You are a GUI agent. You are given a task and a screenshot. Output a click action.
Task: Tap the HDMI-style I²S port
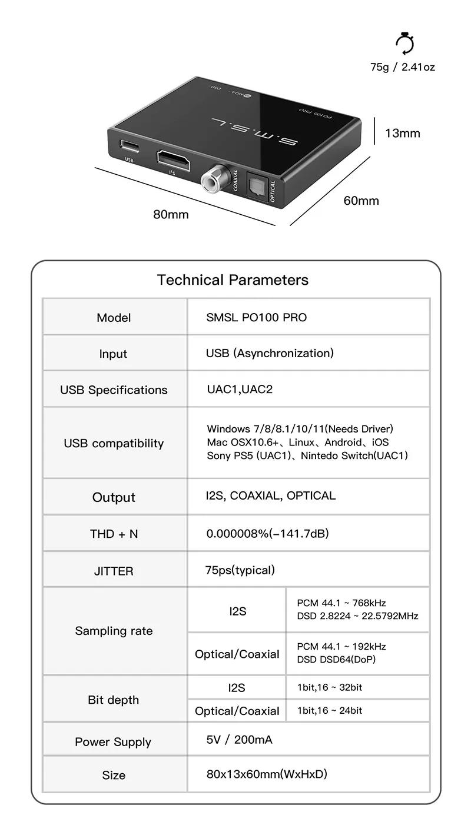click(x=172, y=159)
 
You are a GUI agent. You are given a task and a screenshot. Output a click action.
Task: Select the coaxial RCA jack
click(x=213, y=179)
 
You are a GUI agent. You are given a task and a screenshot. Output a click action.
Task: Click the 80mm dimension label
click(x=171, y=214)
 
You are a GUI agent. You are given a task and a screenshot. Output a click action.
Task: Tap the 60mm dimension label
click(x=361, y=201)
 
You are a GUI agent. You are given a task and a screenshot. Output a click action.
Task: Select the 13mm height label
click(x=403, y=133)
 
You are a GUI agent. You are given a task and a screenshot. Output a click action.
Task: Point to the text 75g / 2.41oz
click(x=403, y=67)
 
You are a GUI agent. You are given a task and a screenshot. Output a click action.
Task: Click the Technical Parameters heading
click(x=233, y=280)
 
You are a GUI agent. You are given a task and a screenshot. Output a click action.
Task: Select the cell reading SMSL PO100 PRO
click(x=256, y=317)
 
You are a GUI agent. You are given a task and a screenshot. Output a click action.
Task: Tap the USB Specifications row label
click(x=114, y=390)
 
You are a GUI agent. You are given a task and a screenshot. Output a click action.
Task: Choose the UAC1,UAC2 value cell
click(x=240, y=390)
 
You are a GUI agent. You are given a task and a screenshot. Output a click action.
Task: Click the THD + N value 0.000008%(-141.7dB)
click(x=267, y=534)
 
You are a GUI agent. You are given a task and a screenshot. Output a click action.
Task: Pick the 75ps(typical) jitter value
click(x=240, y=570)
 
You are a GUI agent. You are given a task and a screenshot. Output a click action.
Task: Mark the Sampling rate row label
click(x=114, y=631)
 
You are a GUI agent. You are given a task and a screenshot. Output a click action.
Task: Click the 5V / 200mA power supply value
click(x=239, y=740)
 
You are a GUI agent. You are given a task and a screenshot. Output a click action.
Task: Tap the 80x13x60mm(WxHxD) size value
click(x=267, y=774)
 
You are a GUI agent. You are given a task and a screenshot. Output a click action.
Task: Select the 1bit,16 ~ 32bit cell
click(x=330, y=687)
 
